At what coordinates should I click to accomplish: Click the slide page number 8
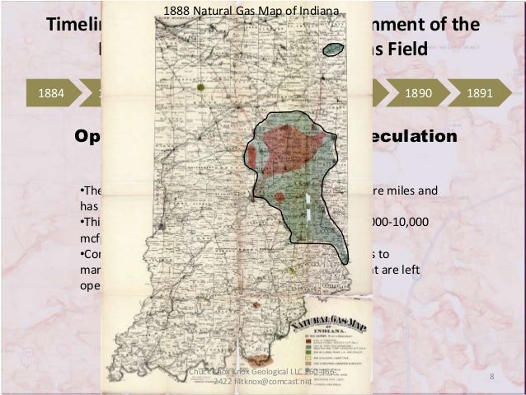pos(491,377)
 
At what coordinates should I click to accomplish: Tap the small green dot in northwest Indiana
pos(201,85)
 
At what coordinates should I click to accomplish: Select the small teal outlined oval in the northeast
pos(332,49)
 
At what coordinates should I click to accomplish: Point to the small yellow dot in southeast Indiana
pos(292,270)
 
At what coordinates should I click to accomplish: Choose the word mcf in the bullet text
pos(89,239)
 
